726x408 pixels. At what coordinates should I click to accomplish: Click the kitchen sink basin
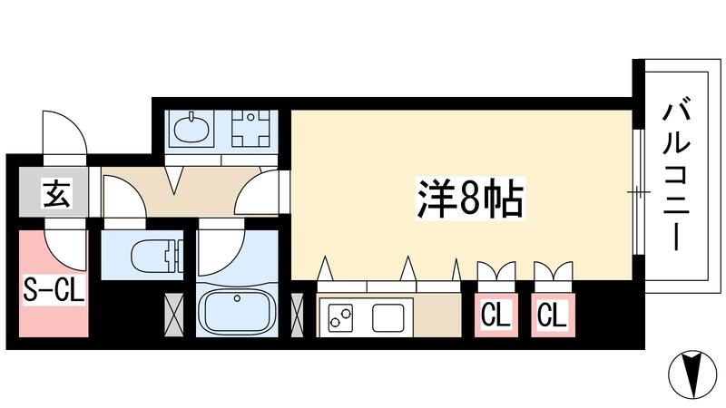click(x=388, y=317)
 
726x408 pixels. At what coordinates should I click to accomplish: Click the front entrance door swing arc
click(x=65, y=136)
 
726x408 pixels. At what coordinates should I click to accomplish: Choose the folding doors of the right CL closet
click(x=551, y=272)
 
